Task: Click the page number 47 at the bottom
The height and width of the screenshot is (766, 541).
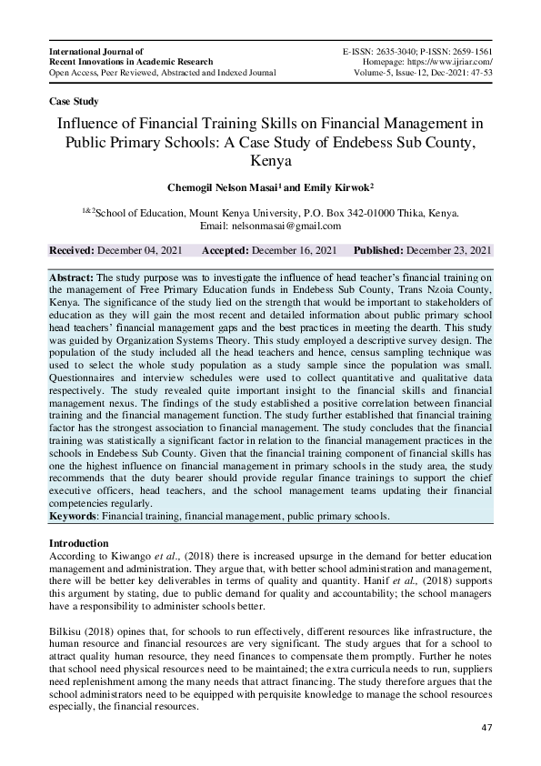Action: [x=486, y=728]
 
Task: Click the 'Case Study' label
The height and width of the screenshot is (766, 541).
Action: [x=74, y=101]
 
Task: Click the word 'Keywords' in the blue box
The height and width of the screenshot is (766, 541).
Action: [x=74, y=516]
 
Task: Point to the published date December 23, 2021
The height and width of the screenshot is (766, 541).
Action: [x=448, y=250]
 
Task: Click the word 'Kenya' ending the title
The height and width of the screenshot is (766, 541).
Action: [x=270, y=163]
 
